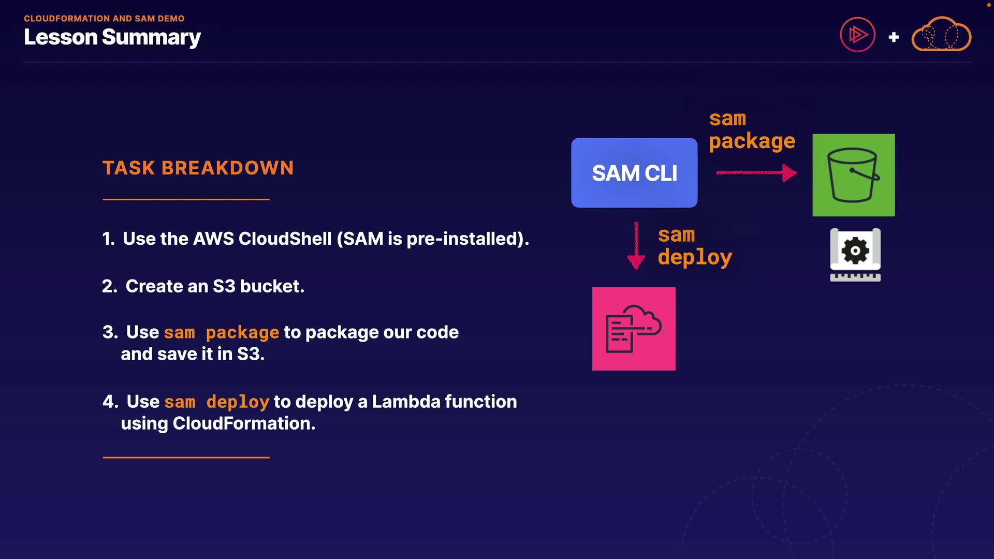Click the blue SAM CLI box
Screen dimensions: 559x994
[634, 173]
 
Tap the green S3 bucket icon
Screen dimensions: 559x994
[853, 175]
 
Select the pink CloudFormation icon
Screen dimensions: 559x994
[634, 329]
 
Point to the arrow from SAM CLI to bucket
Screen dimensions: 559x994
[756, 173]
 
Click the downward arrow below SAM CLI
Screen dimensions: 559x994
[636, 245]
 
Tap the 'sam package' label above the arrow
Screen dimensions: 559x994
[752, 130]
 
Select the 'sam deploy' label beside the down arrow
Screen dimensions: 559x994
[695, 246]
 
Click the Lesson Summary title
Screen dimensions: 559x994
[112, 37]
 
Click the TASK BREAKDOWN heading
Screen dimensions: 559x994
[198, 168]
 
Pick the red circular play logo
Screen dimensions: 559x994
[857, 35]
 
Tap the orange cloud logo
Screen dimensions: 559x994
[941, 34]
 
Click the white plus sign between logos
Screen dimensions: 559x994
[894, 37]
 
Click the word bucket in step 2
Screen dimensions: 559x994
[272, 286]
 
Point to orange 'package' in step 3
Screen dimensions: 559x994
[242, 332]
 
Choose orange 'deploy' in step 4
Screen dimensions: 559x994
[238, 402]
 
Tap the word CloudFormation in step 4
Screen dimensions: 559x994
[243, 423]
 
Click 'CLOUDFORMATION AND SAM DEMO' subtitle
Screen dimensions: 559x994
[104, 19]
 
